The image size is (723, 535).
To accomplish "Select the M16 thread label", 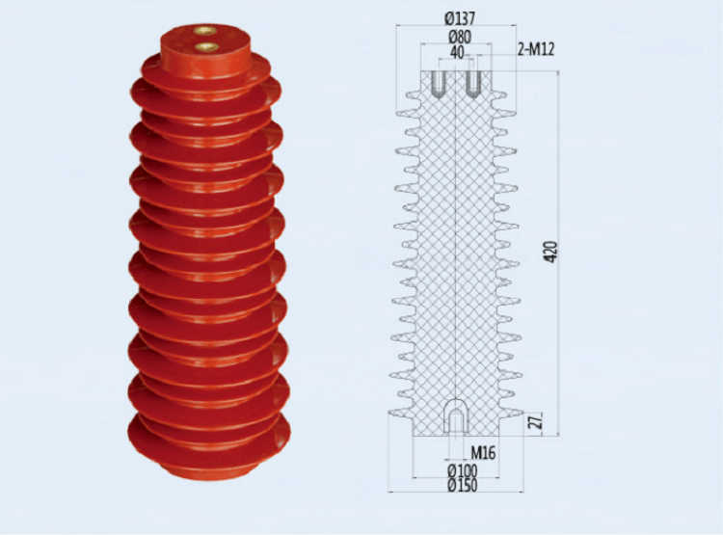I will (x=483, y=451).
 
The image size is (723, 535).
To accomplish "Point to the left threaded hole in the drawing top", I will (x=438, y=84).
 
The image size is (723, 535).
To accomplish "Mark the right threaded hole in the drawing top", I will (x=473, y=84).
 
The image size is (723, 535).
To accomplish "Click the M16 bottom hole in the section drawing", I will (x=455, y=418).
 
